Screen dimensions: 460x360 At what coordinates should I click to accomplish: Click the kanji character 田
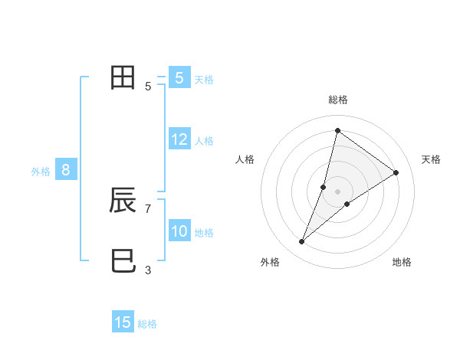pyautogui.click(x=123, y=78)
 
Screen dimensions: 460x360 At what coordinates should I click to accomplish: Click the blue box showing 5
pyautogui.click(x=179, y=78)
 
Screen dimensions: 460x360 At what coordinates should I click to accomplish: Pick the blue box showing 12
pyautogui.click(x=179, y=139)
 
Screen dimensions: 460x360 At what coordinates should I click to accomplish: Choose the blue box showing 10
pyautogui.click(x=179, y=232)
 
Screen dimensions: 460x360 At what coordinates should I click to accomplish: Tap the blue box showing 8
pyautogui.click(x=66, y=170)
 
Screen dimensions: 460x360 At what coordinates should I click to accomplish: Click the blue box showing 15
pyautogui.click(x=123, y=322)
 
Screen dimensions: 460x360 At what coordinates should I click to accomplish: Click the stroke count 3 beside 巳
pyautogui.click(x=148, y=270)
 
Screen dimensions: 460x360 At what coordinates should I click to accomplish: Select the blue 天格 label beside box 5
pyautogui.click(x=204, y=79)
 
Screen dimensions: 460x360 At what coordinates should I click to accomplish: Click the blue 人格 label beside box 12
pyautogui.click(x=204, y=140)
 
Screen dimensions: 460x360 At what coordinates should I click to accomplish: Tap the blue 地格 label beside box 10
pyautogui.click(x=204, y=233)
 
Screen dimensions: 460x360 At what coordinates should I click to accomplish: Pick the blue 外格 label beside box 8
pyautogui.click(x=41, y=172)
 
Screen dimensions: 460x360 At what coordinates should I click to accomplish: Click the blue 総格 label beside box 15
pyautogui.click(x=147, y=324)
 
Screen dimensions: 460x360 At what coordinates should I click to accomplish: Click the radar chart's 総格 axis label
pyautogui.click(x=337, y=100)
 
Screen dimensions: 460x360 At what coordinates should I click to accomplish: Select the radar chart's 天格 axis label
pyautogui.click(x=432, y=159)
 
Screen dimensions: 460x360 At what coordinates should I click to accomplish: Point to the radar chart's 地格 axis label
pyautogui.click(x=402, y=262)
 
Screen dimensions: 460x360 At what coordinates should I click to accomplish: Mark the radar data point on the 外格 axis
pyautogui.click(x=302, y=242)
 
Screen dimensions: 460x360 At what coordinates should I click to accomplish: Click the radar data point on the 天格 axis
pyautogui.click(x=396, y=172)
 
